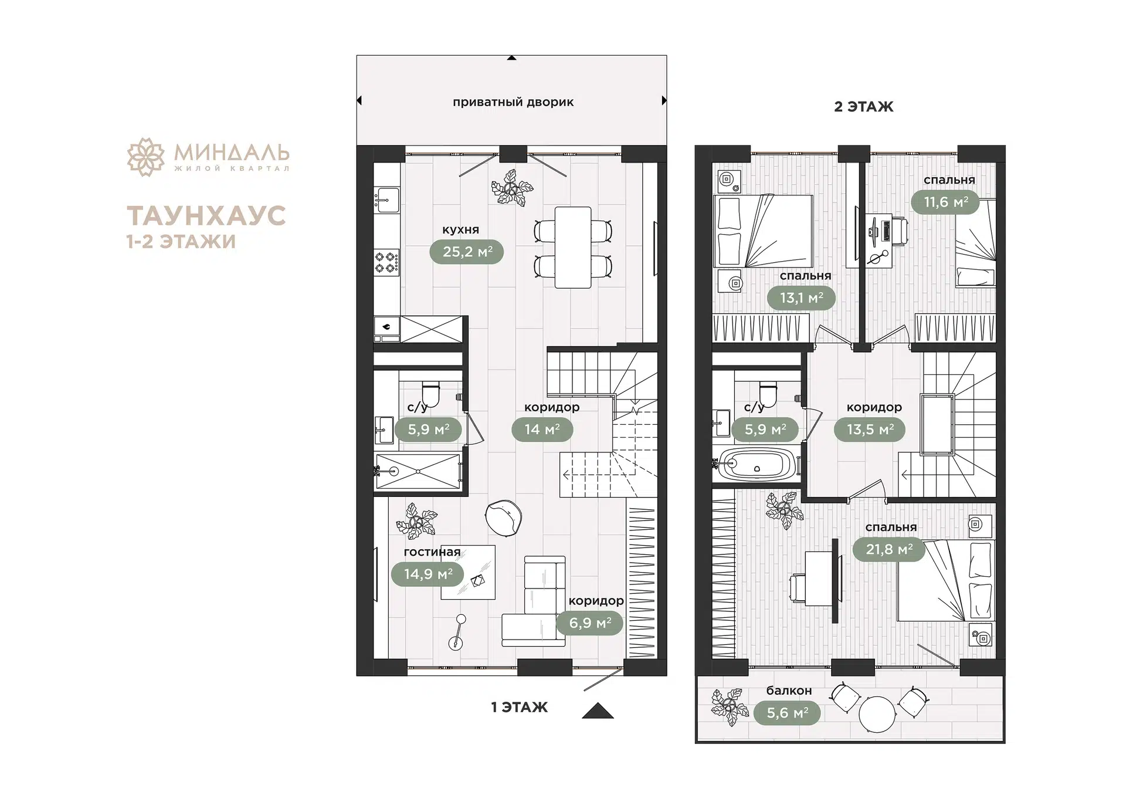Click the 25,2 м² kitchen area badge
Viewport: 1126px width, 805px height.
pos(467,252)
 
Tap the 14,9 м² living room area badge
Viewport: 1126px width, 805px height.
pos(428,574)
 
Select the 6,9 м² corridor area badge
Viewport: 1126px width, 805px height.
pos(589,623)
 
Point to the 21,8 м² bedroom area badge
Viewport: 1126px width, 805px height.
pos(889,550)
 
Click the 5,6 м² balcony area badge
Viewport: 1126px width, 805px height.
pos(787,713)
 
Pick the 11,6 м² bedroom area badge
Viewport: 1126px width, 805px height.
pos(945,202)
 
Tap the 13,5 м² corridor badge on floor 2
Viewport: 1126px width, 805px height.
pos(870,429)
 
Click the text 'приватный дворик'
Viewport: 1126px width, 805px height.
pos(513,102)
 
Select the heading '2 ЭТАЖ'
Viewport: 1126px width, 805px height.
pos(864,107)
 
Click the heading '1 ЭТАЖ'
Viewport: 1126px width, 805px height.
pos(519,708)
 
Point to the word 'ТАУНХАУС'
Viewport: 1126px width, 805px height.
pos(206,215)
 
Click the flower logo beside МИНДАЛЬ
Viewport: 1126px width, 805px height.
pos(145,157)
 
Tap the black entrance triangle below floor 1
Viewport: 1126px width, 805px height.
pos(598,711)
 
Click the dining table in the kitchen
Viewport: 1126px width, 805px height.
pos(573,247)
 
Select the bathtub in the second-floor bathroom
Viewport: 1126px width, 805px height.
pos(757,464)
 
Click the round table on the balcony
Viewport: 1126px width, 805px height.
pos(877,714)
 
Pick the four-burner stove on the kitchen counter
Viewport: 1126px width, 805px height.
pos(387,261)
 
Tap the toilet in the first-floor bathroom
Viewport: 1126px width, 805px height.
pos(430,393)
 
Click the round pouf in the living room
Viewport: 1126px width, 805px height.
pos(503,517)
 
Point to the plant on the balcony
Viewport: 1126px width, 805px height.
pos(730,707)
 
